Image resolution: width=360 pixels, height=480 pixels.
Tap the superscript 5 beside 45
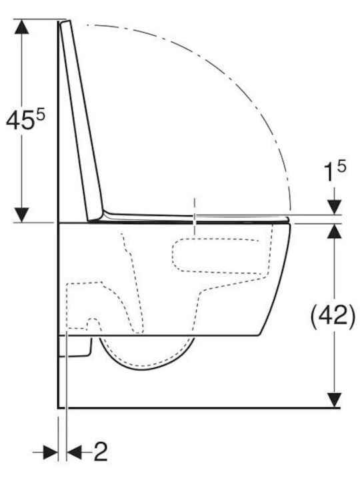(40, 116)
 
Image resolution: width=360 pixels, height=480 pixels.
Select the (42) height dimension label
(333, 315)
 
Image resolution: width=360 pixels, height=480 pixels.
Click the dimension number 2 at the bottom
(101, 452)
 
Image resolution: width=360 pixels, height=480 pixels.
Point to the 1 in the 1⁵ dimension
(329, 173)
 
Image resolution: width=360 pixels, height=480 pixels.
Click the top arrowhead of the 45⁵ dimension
(22, 26)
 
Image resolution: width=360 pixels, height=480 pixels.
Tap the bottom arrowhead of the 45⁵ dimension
(22, 215)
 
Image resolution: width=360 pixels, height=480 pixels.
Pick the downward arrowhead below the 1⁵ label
(334, 207)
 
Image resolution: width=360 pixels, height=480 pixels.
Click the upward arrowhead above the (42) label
(334, 231)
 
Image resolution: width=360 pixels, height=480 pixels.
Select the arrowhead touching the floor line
(334, 400)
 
